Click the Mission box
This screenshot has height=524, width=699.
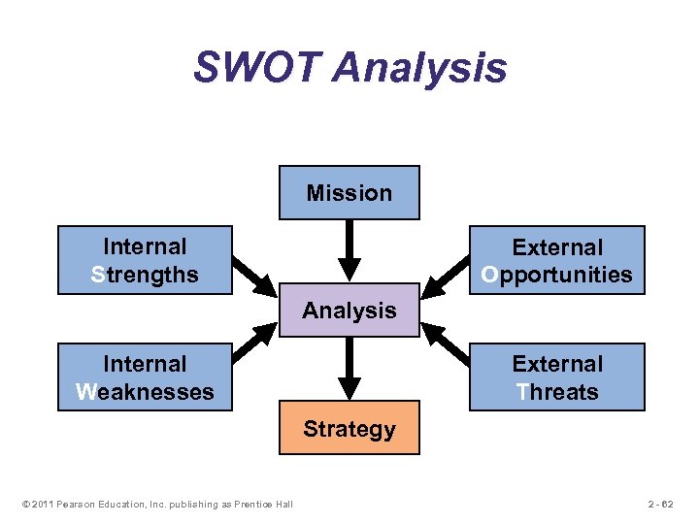point(349,192)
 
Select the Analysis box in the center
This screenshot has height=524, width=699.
point(349,311)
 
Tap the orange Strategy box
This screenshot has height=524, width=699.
point(349,428)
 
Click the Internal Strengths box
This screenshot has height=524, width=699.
point(145,259)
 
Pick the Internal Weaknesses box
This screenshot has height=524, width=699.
point(145,377)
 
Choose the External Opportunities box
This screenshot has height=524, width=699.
point(557,260)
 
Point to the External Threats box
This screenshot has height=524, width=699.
point(557,377)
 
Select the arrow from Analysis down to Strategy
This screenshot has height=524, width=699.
point(349,369)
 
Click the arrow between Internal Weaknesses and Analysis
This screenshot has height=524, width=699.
point(254,342)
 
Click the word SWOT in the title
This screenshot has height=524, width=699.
point(255,68)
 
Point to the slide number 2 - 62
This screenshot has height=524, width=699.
point(660,503)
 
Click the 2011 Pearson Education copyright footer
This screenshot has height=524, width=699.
point(155,503)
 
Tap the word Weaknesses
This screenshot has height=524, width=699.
point(145,392)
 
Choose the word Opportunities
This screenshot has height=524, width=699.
point(557,275)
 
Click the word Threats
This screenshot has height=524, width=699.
point(557,392)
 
